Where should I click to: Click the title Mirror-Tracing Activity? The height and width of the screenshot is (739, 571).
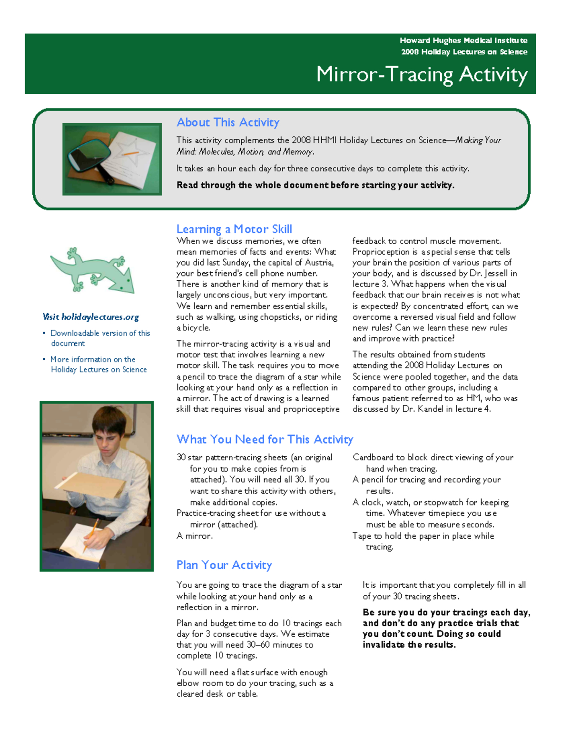(422, 75)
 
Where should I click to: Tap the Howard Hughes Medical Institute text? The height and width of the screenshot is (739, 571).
(463, 40)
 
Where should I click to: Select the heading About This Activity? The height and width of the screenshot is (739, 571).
(227, 122)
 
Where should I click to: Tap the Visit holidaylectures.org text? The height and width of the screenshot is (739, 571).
(90, 317)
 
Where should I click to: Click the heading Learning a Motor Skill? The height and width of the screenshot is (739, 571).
(234, 229)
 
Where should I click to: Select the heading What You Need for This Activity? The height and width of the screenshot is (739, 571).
(265, 439)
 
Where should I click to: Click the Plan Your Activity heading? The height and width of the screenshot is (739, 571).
(224, 565)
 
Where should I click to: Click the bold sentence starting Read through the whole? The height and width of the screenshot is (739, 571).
(315, 185)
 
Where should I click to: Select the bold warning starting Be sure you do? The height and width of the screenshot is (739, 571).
(446, 628)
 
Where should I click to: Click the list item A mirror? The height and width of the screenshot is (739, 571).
(195, 536)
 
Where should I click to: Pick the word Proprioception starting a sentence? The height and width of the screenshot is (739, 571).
(374, 252)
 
